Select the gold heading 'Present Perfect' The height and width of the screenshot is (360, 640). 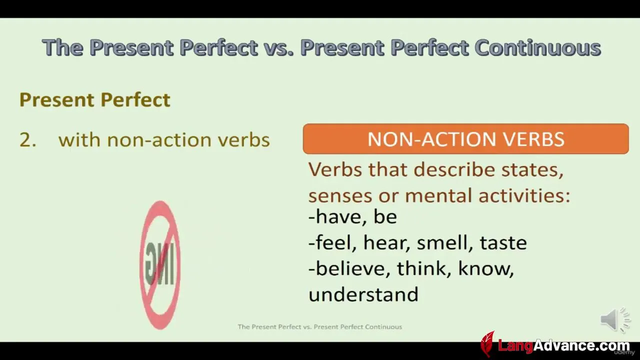click(x=95, y=100)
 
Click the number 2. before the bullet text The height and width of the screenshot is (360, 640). click(x=28, y=140)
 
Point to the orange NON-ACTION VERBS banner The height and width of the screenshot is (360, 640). click(x=465, y=139)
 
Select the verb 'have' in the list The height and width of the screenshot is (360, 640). click(x=341, y=216)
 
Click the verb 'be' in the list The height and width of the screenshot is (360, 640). click(x=385, y=216)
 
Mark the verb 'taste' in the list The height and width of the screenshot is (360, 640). click(x=503, y=243)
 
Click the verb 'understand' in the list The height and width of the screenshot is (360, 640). click(x=363, y=294)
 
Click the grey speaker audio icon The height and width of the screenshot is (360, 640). click(x=614, y=320)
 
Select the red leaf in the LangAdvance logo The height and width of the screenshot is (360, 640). click(x=487, y=344)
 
